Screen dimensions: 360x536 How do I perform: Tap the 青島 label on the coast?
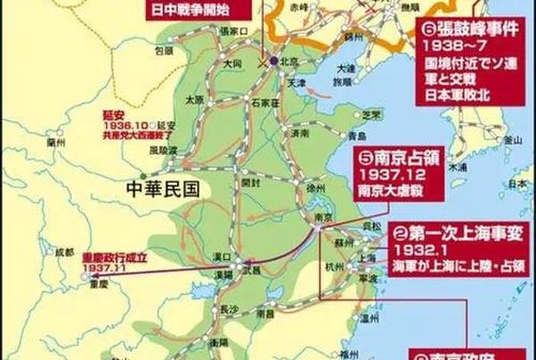[x=356, y=135]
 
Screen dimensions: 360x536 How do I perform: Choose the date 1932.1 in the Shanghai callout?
[x=417, y=250]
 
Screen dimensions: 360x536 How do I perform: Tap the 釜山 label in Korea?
[x=512, y=140]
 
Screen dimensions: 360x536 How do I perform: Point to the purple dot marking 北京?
[x=274, y=60]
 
